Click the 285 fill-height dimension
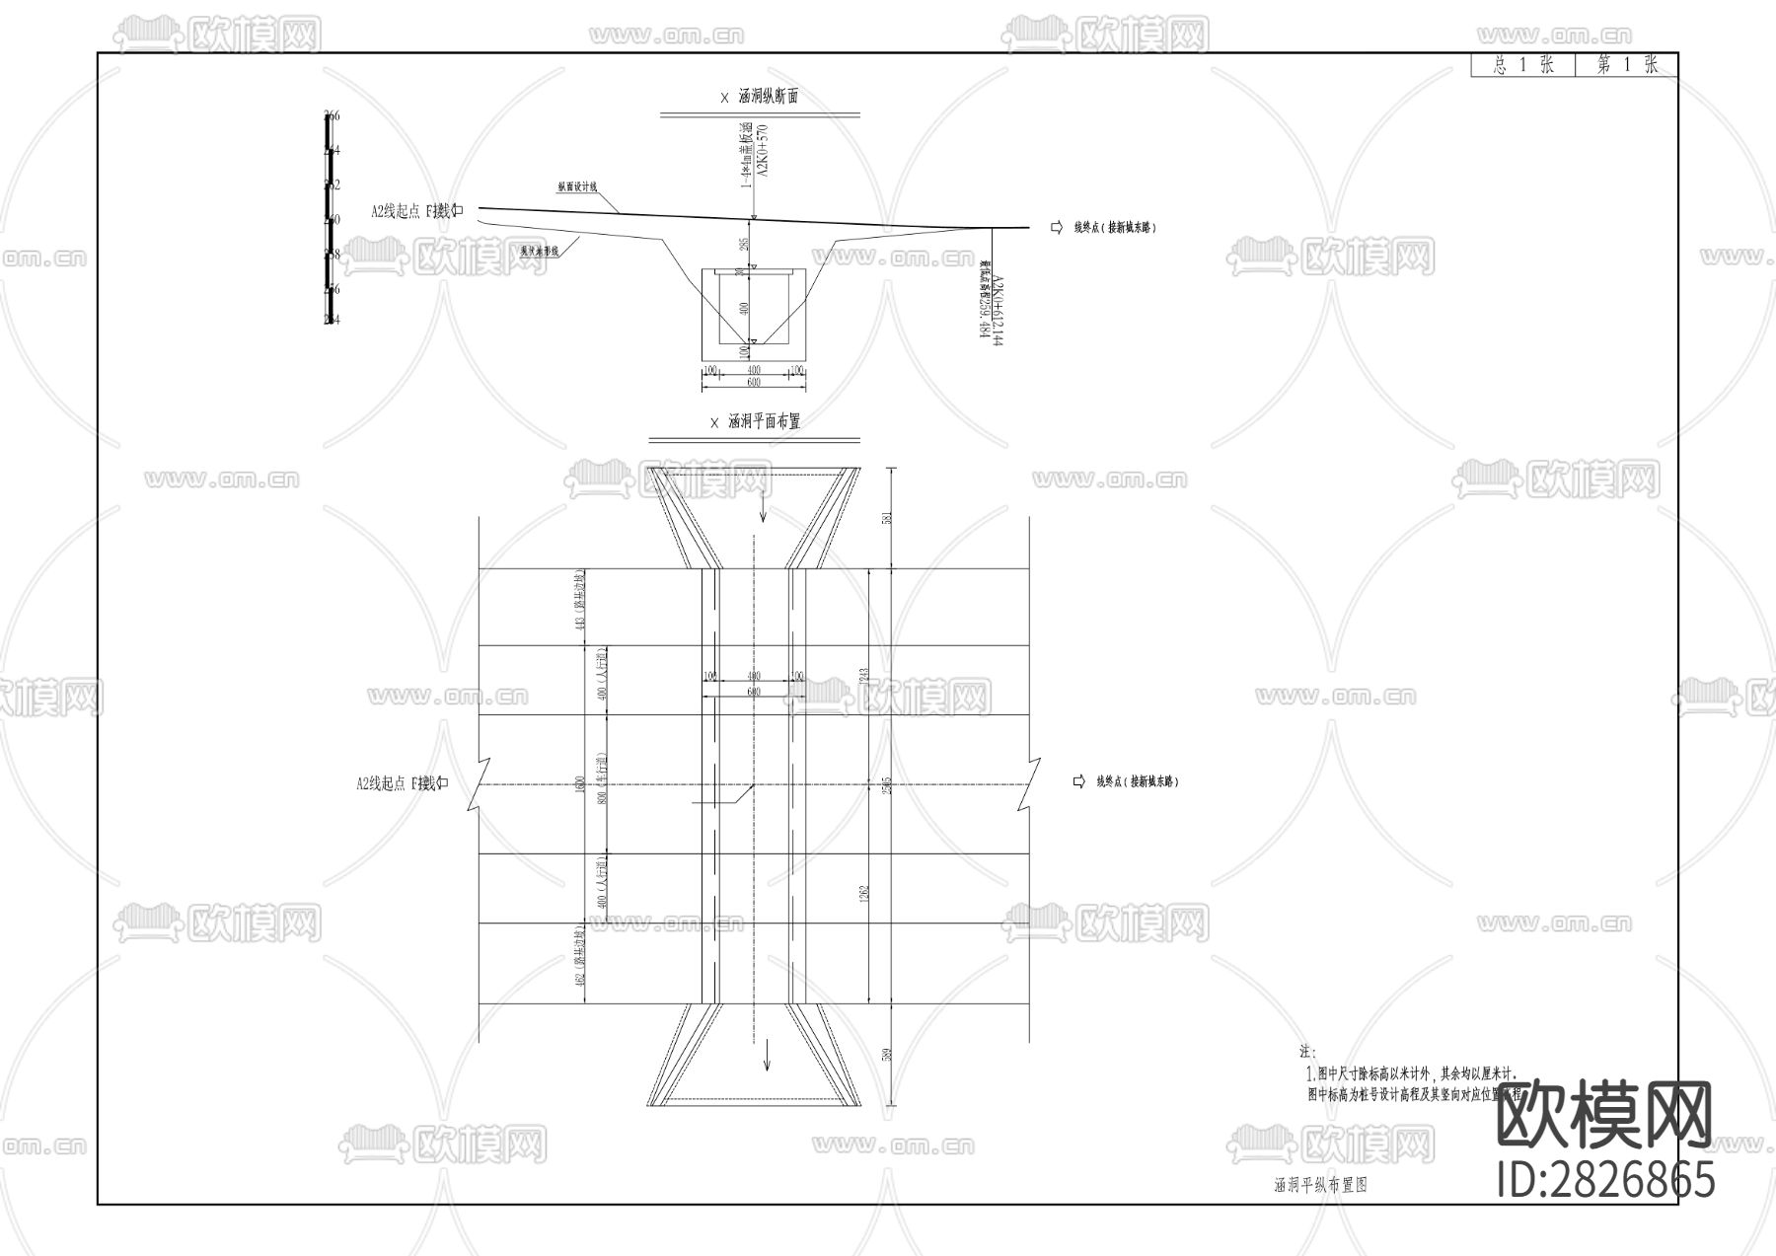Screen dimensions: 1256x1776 [x=744, y=244]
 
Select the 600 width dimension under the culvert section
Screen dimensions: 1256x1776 [x=753, y=383]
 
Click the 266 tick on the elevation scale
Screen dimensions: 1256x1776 [x=333, y=116]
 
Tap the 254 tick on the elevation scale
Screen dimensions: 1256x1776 [x=333, y=320]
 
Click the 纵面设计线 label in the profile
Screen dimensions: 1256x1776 [x=577, y=186]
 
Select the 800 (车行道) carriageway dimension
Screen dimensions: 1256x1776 [x=601, y=784]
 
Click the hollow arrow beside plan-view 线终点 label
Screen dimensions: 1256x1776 [x=1079, y=781]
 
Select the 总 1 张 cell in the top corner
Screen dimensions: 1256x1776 [x=1523, y=66]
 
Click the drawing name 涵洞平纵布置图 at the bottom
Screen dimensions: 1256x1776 [x=1320, y=1186]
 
